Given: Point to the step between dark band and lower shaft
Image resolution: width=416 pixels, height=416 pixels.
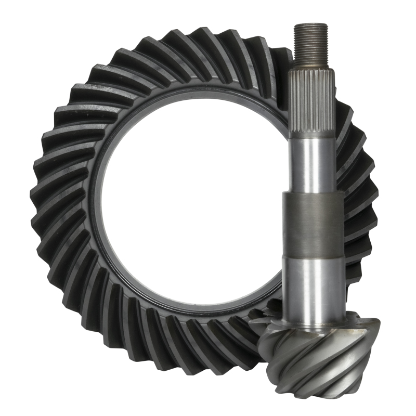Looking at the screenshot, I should click(x=313, y=256).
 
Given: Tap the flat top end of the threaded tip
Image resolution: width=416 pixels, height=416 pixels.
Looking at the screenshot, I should click(x=311, y=24).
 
